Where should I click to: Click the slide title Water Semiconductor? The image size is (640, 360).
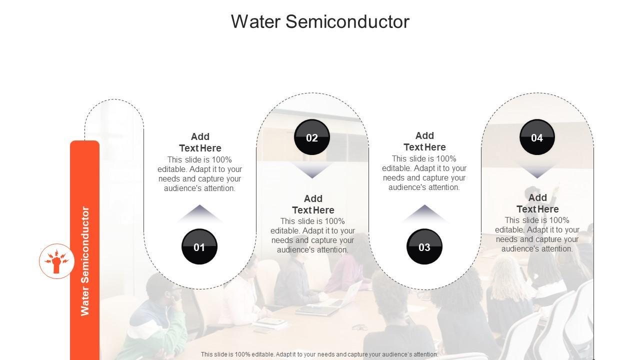coord(320,21)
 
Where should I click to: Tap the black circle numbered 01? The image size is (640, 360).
coord(199,246)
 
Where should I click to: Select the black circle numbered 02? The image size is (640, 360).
coord(312,137)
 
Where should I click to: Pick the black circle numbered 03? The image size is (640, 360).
coord(424,246)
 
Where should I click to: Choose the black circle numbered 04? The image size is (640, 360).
coord(537,137)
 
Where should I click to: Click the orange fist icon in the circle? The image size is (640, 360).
coord(57,261)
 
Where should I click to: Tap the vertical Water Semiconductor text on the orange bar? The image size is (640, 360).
coord(85,261)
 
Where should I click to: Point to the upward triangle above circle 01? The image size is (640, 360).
coord(199,213)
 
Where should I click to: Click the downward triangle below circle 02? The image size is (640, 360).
coord(312,170)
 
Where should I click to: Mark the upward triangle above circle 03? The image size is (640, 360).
coord(424,213)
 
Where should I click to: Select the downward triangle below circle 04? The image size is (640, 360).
coord(537,170)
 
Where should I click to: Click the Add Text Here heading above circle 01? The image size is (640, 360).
coord(200,142)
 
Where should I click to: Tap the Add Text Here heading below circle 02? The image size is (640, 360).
coord(313,204)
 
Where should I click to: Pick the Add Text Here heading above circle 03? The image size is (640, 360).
coord(424,141)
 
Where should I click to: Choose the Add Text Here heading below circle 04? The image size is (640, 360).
coord(537,203)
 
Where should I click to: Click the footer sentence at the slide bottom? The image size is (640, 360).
coord(319,354)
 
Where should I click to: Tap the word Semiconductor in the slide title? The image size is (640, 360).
coord(347,21)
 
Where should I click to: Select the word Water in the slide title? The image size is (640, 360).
coord(255,21)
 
